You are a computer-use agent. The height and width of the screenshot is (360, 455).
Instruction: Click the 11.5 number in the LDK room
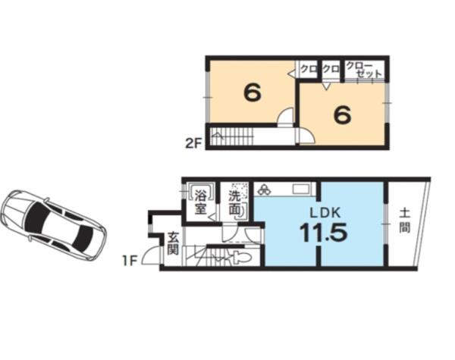[x=323, y=233]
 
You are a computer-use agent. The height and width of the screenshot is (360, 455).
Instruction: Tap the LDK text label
[x=325, y=213]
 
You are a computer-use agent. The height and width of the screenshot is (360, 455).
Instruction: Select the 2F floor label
[x=193, y=143]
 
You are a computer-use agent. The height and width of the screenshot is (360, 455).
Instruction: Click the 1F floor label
[x=129, y=261]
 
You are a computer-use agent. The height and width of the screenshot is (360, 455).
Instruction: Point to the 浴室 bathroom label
[x=200, y=202]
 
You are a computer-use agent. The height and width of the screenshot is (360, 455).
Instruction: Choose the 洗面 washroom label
[x=234, y=203]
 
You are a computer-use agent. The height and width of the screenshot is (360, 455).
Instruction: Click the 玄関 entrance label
[x=173, y=243]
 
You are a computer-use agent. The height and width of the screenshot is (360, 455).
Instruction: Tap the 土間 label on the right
[x=404, y=221]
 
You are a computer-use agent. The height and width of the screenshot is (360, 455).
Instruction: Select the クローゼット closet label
[x=364, y=69]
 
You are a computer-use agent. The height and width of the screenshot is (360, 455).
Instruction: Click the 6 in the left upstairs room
[x=253, y=93]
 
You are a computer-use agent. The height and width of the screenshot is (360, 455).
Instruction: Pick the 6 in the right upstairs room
[x=343, y=114]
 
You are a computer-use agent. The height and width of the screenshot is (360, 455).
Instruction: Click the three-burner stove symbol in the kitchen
[x=264, y=190]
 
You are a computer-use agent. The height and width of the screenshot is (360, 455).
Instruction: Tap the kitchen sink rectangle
[x=301, y=189]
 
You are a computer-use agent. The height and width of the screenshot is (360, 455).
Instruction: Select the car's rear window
[x=82, y=239]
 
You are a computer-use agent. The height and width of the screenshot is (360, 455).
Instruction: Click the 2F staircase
[x=230, y=136]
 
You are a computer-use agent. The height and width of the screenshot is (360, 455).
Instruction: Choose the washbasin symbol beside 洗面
[x=243, y=210]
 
